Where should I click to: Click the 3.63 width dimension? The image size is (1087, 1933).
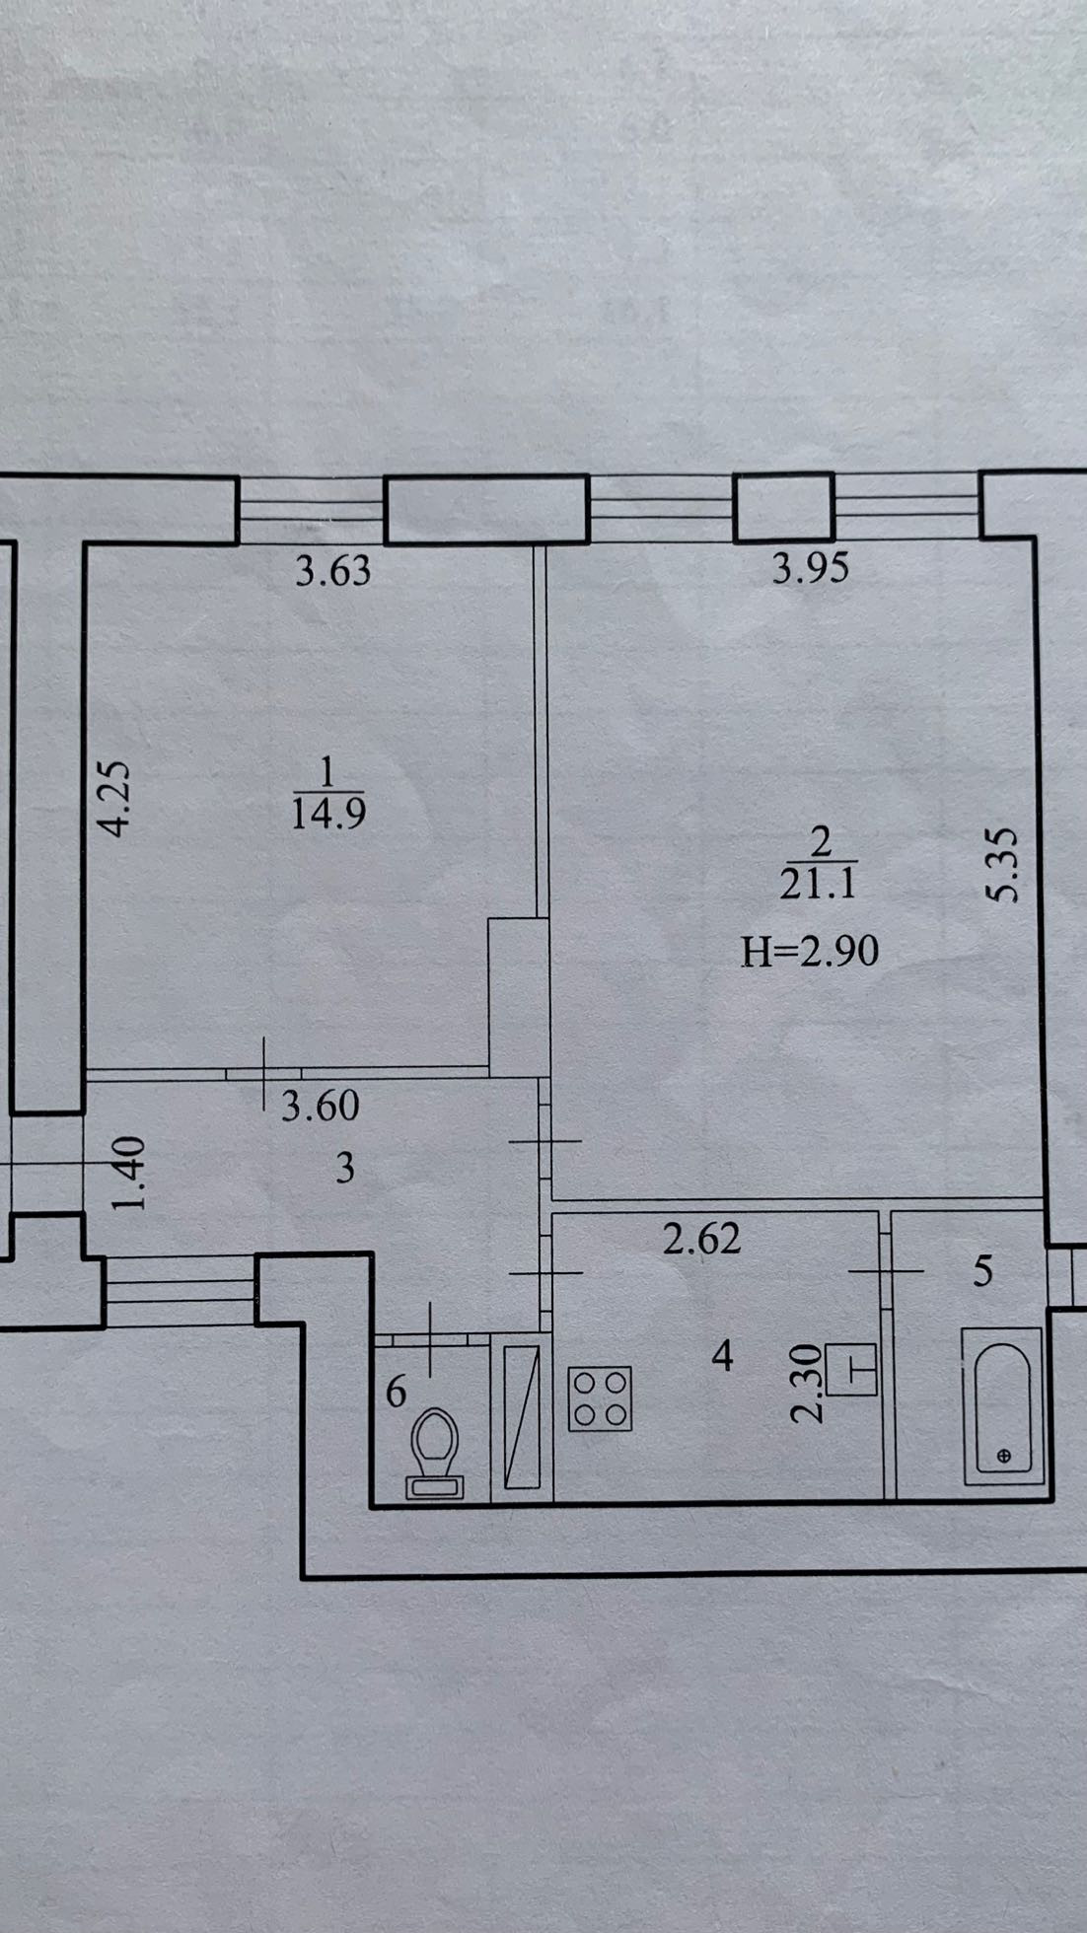click(333, 571)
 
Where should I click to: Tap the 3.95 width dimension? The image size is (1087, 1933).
click(810, 569)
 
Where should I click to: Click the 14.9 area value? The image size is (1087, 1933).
click(328, 815)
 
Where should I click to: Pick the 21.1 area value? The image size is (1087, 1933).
click(817, 885)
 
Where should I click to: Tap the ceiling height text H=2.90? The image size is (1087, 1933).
click(810, 952)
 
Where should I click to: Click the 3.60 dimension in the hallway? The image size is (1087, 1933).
click(321, 1106)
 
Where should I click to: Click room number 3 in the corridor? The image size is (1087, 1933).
click(345, 1170)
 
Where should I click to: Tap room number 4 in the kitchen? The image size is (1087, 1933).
click(723, 1356)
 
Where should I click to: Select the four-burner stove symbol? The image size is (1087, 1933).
click(600, 1398)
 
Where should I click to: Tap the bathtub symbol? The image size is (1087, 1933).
click(1002, 1404)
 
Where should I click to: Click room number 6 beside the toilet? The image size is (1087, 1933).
click(396, 1392)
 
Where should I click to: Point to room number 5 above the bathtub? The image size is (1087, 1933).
click(982, 1271)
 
